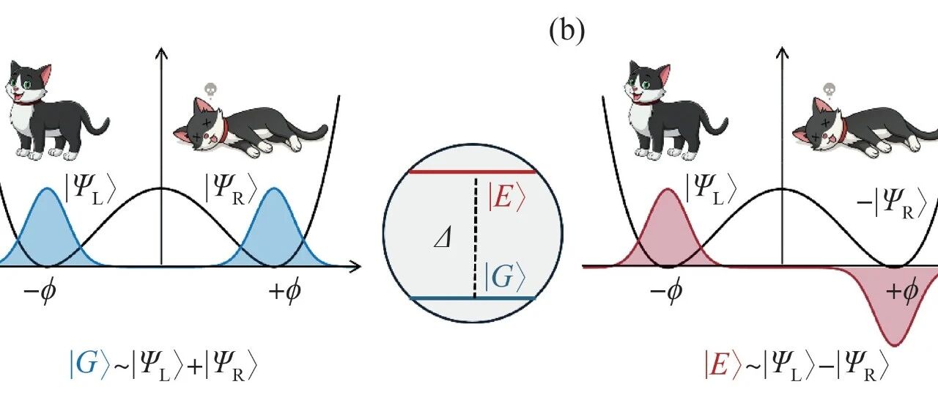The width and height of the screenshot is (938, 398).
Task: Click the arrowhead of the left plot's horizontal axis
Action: point(355,265)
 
